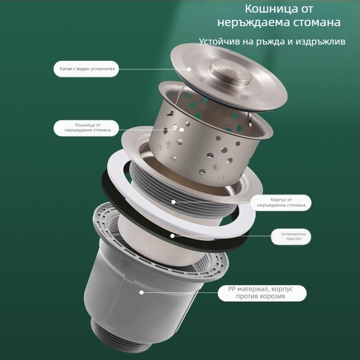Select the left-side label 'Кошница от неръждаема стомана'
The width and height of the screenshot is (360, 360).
[x=86, y=128]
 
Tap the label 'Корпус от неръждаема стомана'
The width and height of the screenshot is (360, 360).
[x=281, y=202]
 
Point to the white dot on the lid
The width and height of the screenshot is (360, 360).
[x=189, y=69]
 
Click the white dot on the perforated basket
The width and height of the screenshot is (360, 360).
[x=182, y=130]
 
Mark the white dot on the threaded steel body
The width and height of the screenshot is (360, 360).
[x=174, y=202]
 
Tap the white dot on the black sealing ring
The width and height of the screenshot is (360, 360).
[x=172, y=236]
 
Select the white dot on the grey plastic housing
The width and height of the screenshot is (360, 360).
[x=141, y=292]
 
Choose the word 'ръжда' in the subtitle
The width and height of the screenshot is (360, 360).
[x=272, y=42]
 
